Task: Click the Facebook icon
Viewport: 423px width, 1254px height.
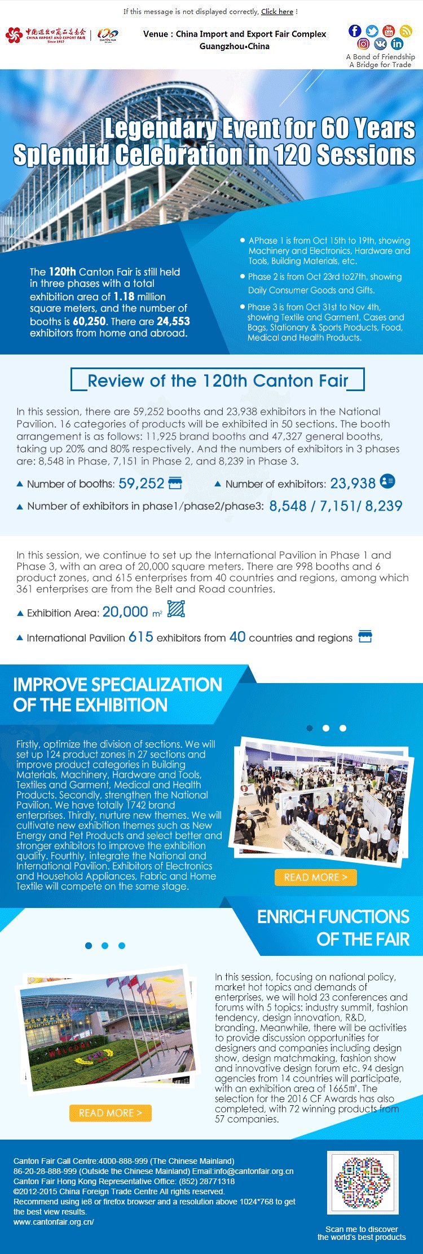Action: pyautogui.click(x=355, y=31)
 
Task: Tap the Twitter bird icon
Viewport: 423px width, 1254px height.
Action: pyautogui.click(x=372, y=31)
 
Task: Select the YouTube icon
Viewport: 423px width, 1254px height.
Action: pyautogui.click(x=389, y=31)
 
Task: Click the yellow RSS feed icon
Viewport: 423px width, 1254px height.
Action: pyautogui.click(x=406, y=31)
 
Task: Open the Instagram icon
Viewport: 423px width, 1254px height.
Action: pyautogui.click(x=364, y=44)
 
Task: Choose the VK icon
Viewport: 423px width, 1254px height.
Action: pyautogui.click(x=381, y=44)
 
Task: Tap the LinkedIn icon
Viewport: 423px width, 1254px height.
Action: pyautogui.click(x=397, y=44)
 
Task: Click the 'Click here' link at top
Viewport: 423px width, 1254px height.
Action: pyautogui.click(x=277, y=11)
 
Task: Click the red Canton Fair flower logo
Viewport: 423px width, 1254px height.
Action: pyautogui.click(x=14, y=36)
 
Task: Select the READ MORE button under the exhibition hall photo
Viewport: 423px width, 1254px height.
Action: pyautogui.click(x=315, y=878)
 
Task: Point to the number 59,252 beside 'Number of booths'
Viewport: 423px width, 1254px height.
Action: pyautogui.click(x=141, y=484)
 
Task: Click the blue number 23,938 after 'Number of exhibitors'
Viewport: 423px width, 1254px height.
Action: pyautogui.click(x=352, y=484)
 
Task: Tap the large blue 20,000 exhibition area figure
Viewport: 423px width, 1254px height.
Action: pyautogui.click(x=125, y=612)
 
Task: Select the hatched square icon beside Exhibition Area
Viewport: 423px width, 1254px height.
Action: pyautogui.click(x=177, y=609)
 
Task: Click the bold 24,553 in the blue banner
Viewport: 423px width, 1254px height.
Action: pyautogui.click(x=173, y=321)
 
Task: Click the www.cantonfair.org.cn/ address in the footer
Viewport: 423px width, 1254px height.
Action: pyautogui.click(x=54, y=1222)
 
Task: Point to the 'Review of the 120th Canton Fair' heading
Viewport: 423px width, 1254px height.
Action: pyautogui.click(x=218, y=380)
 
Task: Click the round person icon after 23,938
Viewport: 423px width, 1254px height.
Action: pyautogui.click(x=387, y=481)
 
